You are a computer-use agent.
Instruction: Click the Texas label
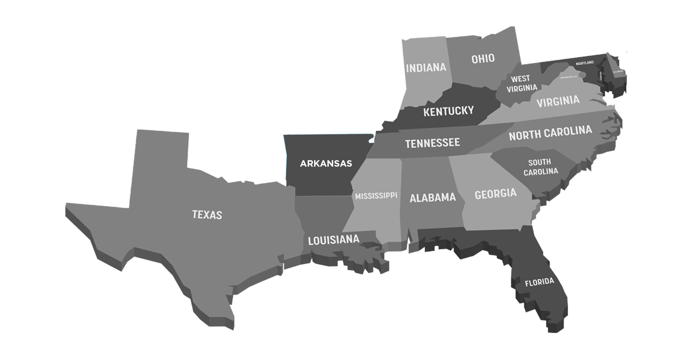pyautogui.click(x=207, y=215)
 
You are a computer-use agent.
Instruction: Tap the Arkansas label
pyautogui.click(x=326, y=164)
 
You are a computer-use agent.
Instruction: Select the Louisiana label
pyautogui.click(x=334, y=240)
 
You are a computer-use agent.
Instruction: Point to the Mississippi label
pyautogui.click(x=376, y=196)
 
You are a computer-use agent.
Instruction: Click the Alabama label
pyautogui.click(x=433, y=198)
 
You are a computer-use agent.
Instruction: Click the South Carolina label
pyautogui.click(x=540, y=167)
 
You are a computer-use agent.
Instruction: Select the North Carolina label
pyautogui.click(x=550, y=133)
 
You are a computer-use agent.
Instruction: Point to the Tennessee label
pyautogui.click(x=432, y=143)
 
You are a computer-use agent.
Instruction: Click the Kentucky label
pyautogui.click(x=448, y=111)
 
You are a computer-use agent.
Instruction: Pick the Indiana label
pyautogui.click(x=426, y=68)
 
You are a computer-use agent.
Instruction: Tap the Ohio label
pyautogui.click(x=483, y=59)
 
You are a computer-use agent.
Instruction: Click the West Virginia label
pyautogui.click(x=521, y=83)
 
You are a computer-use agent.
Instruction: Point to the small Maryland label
pyautogui.click(x=585, y=63)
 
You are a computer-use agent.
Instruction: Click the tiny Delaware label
pyautogui.click(x=618, y=71)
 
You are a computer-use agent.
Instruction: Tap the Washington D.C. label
pyautogui.click(x=569, y=77)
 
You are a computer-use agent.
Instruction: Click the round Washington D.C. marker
pyautogui.click(x=582, y=75)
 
